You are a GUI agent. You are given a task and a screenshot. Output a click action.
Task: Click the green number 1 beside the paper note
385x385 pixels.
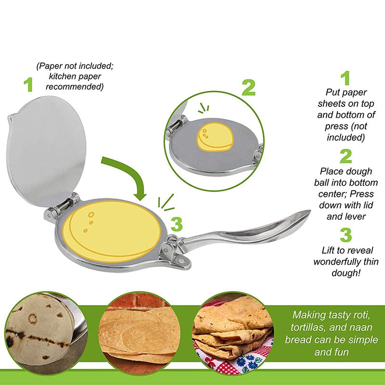(x=29, y=84)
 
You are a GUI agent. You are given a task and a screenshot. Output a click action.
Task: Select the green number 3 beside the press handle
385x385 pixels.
(x=177, y=224)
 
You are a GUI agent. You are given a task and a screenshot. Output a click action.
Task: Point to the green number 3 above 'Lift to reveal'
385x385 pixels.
(x=346, y=234)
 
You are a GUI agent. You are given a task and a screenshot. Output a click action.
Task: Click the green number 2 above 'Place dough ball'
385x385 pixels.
(x=346, y=156)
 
